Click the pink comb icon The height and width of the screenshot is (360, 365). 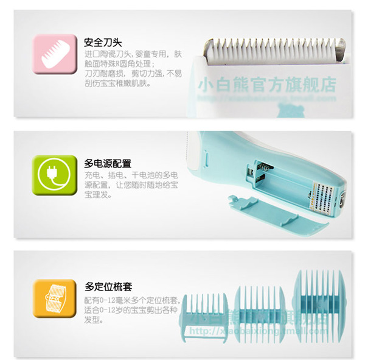tap(50, 52)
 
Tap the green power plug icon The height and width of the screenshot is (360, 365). tap(50, 174)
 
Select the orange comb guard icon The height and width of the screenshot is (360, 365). tap(50, 298)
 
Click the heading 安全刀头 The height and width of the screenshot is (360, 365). tap(103, 43)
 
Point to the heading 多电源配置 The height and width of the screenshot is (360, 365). tap(107, 163)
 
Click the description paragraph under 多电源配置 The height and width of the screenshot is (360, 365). tap(130, 185)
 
